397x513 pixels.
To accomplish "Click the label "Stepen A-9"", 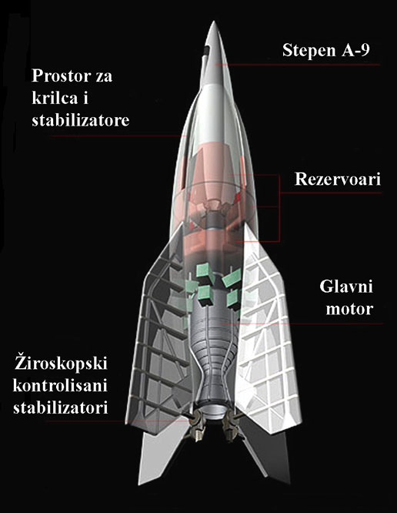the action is point(326,50).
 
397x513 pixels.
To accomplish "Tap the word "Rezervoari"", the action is point(338,179).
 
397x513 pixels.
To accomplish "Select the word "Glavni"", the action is point(346,287).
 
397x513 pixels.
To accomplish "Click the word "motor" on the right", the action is point(349,309).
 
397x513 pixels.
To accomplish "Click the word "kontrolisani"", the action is point(60,386).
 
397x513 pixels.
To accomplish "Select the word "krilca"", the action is point(55,98).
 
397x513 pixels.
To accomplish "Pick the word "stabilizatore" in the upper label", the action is point(80,120).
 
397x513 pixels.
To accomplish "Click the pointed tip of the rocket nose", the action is point(214,22).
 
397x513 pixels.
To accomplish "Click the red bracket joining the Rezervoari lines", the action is point(279,208).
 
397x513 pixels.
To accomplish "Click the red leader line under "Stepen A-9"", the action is point(297,65).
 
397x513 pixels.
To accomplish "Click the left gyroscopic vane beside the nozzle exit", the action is point(197,425).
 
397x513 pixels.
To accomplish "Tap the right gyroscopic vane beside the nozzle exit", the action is point(230,426).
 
